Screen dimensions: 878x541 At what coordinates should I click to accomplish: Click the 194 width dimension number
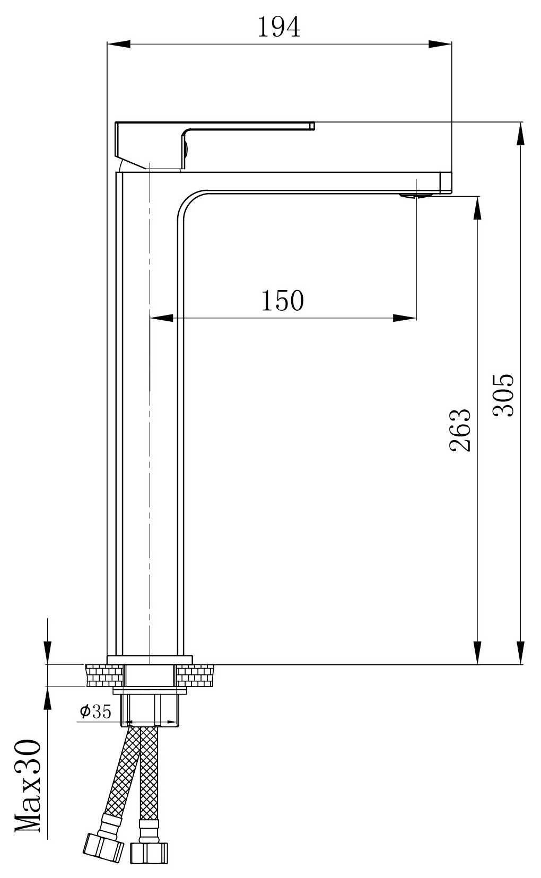coord(278,27)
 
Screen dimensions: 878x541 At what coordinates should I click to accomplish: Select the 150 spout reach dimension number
coord(282,301)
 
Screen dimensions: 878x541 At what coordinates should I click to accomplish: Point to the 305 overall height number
coord(503,396)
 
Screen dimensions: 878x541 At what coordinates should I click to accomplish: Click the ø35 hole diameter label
coord(96,712)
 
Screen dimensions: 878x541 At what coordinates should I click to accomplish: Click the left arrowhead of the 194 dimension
coord(118,45)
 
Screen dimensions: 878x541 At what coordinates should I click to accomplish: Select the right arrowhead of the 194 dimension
coord(440,45)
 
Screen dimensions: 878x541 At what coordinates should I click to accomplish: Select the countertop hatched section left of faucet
coord(103,675)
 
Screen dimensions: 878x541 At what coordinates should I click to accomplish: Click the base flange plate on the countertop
coord(150,660)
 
